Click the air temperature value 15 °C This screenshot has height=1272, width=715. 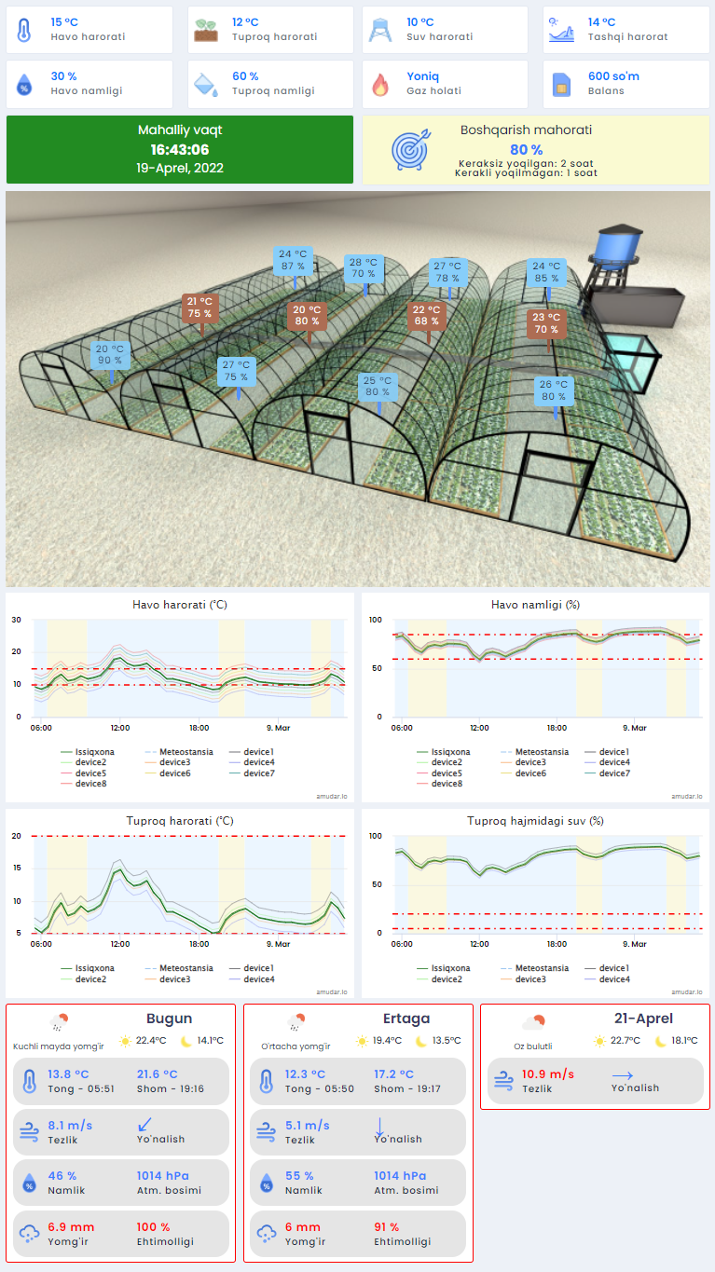63,22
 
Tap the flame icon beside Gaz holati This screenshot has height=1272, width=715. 379,85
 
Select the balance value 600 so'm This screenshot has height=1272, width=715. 613,76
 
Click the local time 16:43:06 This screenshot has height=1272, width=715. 180,149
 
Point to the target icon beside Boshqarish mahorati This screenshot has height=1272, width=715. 410,149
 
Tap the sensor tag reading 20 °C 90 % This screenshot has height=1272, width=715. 110,355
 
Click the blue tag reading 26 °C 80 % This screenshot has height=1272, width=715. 554,390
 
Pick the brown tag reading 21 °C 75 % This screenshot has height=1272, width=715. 199,308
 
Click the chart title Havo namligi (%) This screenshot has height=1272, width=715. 535,605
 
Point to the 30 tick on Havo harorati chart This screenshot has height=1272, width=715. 16,620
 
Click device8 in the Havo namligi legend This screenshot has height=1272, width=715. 447,784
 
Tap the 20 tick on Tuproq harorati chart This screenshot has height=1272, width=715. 16,836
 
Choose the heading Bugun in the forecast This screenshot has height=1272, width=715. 169,1019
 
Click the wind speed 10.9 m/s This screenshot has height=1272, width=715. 547,1074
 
